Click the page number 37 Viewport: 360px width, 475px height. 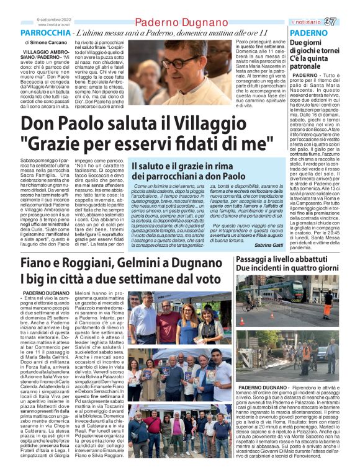(x=347, y=22)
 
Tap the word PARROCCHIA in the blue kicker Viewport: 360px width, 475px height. (x=47, y=32)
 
